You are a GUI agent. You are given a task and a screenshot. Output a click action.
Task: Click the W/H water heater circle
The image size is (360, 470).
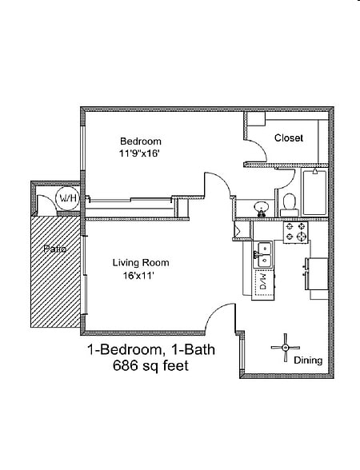point(68,198)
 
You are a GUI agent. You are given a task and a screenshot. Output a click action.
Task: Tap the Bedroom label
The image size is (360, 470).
point(141,141)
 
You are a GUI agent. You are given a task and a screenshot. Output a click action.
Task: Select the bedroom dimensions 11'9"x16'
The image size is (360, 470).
point(139,153)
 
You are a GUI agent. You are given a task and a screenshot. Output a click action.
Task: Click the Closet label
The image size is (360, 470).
point(289,137)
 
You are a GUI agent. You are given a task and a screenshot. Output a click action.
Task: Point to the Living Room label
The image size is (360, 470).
point(141,262)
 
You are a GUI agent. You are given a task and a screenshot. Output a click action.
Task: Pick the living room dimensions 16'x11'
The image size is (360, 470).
point(138,276)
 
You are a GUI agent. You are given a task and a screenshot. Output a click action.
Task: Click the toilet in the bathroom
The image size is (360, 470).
point(290,205)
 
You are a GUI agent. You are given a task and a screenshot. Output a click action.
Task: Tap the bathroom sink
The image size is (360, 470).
point(262,209)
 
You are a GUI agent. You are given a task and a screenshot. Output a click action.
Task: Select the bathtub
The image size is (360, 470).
point(314,193)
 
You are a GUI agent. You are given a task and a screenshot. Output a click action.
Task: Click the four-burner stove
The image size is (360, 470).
point(295,233)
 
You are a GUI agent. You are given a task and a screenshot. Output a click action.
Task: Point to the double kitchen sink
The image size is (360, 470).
point(262,255)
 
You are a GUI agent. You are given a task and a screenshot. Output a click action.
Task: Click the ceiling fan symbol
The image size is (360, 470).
point(286,348)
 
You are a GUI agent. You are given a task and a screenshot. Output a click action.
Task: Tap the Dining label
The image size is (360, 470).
point(308,360)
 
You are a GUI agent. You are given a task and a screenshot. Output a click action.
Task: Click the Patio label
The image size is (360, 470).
point(55,249)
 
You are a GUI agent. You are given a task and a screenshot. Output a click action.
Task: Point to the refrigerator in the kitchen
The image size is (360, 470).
point(317,273)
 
